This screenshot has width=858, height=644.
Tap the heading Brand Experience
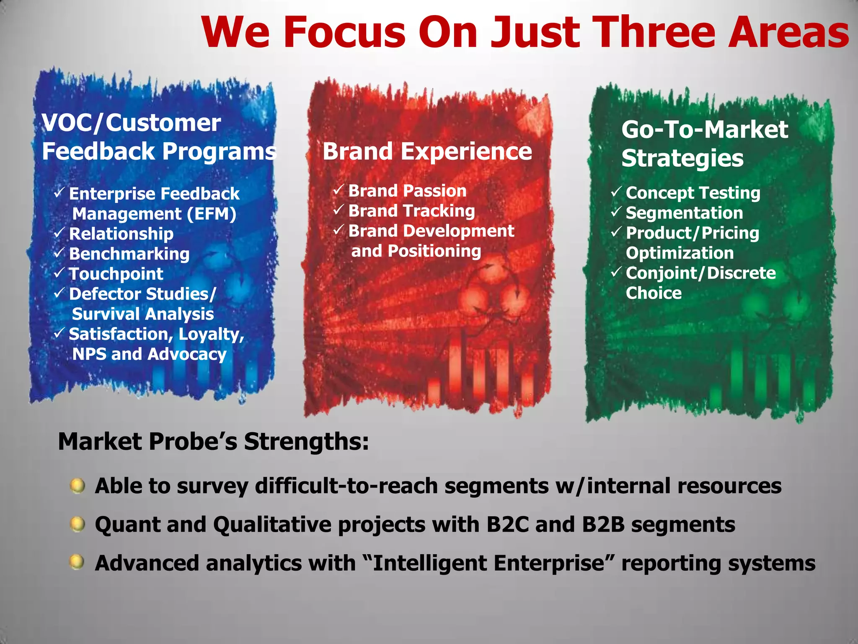point(427,151)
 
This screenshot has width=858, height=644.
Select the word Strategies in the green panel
point(682,158)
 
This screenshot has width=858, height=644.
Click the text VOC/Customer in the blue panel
point(131,123)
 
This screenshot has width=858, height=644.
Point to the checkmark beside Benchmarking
point(59,252)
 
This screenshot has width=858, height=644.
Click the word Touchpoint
point(116,274)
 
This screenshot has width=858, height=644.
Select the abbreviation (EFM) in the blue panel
point(212,214)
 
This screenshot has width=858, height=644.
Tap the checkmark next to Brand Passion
point(339,190)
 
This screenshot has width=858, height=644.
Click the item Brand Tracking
point(411,211)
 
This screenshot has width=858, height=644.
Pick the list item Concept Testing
point(693,193)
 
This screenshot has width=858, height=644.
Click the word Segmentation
point(684,213)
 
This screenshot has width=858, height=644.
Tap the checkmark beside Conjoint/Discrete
point(615,272)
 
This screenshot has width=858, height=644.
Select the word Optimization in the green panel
point(680,253)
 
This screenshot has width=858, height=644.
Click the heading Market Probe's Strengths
point(213,442)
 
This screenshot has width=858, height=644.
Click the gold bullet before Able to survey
point(78,486)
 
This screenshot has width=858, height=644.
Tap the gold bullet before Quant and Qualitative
point(78,524)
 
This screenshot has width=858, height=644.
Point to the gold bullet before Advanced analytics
point(77,562)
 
